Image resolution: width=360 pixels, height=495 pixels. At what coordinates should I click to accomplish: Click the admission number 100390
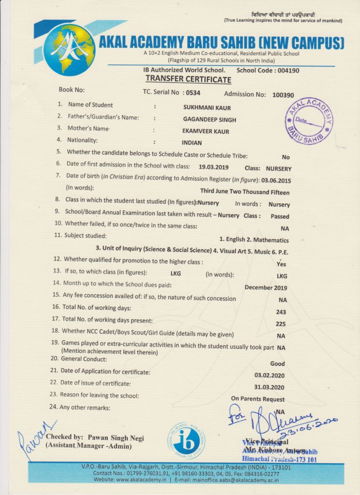283,95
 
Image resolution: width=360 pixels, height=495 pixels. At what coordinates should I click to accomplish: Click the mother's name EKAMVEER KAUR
206,131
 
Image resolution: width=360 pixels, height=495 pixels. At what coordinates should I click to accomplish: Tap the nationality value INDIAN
192,143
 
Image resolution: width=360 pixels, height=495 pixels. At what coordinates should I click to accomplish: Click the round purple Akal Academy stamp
308,121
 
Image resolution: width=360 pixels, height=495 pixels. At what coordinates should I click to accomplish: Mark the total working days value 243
280,312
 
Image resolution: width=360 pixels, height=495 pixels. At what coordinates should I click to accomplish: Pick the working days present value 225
280,324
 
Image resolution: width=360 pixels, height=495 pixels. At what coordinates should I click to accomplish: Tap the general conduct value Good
277,364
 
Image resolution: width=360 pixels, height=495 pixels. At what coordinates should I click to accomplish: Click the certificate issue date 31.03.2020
269,387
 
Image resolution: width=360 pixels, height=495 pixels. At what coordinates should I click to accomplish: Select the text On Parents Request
258,399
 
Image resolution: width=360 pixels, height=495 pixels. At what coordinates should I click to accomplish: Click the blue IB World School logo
186,440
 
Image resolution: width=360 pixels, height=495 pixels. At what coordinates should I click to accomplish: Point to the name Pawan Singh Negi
116,437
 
